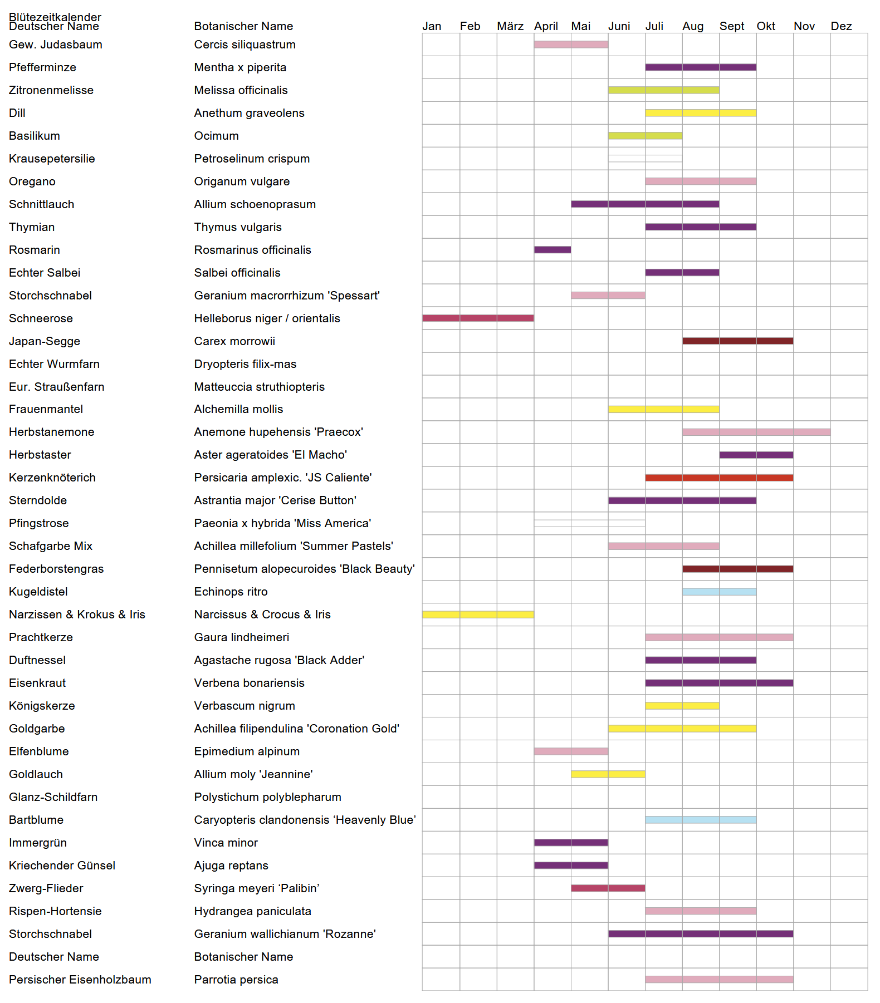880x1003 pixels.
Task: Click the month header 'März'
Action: (510, 26)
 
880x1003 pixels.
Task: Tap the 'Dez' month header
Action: (841, 26)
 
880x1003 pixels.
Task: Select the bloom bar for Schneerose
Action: (478, 318)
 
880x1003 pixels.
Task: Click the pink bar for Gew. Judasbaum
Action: (571, 45)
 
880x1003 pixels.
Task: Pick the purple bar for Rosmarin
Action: (553, 250)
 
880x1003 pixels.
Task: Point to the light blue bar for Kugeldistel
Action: (719, 592)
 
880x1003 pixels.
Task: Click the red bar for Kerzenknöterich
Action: (719, 478)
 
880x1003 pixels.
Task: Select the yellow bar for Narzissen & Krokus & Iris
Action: (478, 614)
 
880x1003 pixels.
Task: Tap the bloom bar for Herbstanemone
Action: (756, 432)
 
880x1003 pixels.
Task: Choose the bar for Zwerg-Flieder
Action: (608, 888)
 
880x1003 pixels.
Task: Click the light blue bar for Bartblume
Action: (701, 820)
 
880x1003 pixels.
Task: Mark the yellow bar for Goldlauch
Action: (608, 774)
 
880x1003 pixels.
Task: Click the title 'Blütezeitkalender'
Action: (55, 17)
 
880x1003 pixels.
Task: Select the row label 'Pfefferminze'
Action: (42, 67)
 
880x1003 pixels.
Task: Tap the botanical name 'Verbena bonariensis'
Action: (249, 683)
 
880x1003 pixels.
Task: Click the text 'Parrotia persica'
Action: (236, 980)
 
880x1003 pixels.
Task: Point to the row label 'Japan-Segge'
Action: (45, 341)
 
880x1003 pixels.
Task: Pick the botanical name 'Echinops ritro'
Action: (231, 592)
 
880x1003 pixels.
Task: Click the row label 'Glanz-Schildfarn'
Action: (53, 797)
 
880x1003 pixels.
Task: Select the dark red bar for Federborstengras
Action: (737, 569)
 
